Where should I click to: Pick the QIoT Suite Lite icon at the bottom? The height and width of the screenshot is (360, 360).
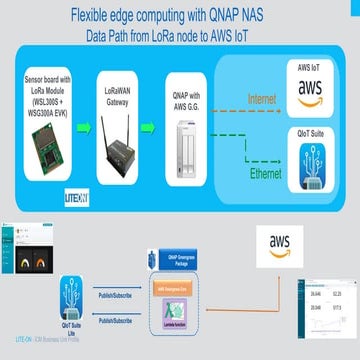pos(70,287)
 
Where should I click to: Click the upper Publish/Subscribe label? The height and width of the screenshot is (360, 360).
pos(119,296)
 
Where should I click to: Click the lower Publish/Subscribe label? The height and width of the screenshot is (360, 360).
pos(119,321)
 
